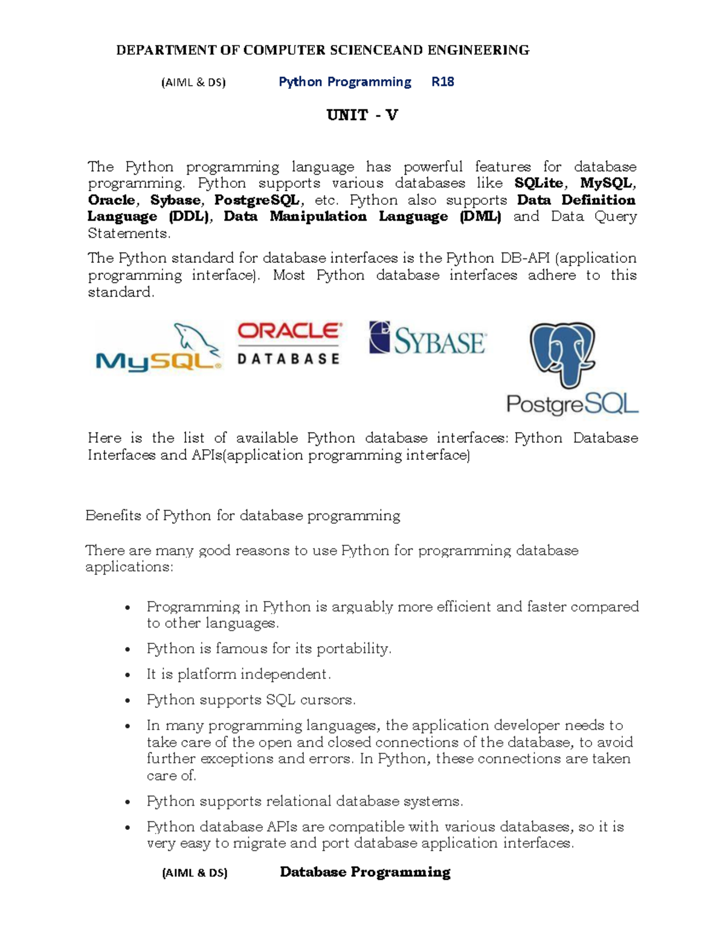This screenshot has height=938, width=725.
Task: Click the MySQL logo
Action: (159, 349)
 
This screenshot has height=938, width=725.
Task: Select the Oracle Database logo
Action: (289, 344)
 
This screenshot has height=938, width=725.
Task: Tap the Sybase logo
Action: (428, 339)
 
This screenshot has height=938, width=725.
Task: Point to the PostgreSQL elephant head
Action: (562, 353)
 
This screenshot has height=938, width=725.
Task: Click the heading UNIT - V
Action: (362, 115)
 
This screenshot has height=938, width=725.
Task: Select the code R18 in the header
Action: (442, 82)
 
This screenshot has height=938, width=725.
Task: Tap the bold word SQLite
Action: (539, 183)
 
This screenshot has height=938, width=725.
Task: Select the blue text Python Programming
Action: (344, 82)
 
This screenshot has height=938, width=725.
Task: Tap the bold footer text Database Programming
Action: (365, 872)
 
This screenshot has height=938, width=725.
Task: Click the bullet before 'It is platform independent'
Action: (127, 675)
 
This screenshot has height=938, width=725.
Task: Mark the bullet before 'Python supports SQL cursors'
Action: (127, 701)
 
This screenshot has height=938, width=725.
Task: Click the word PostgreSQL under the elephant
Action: (572, 404)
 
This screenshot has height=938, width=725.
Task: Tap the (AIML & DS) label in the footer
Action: (195, 873)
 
